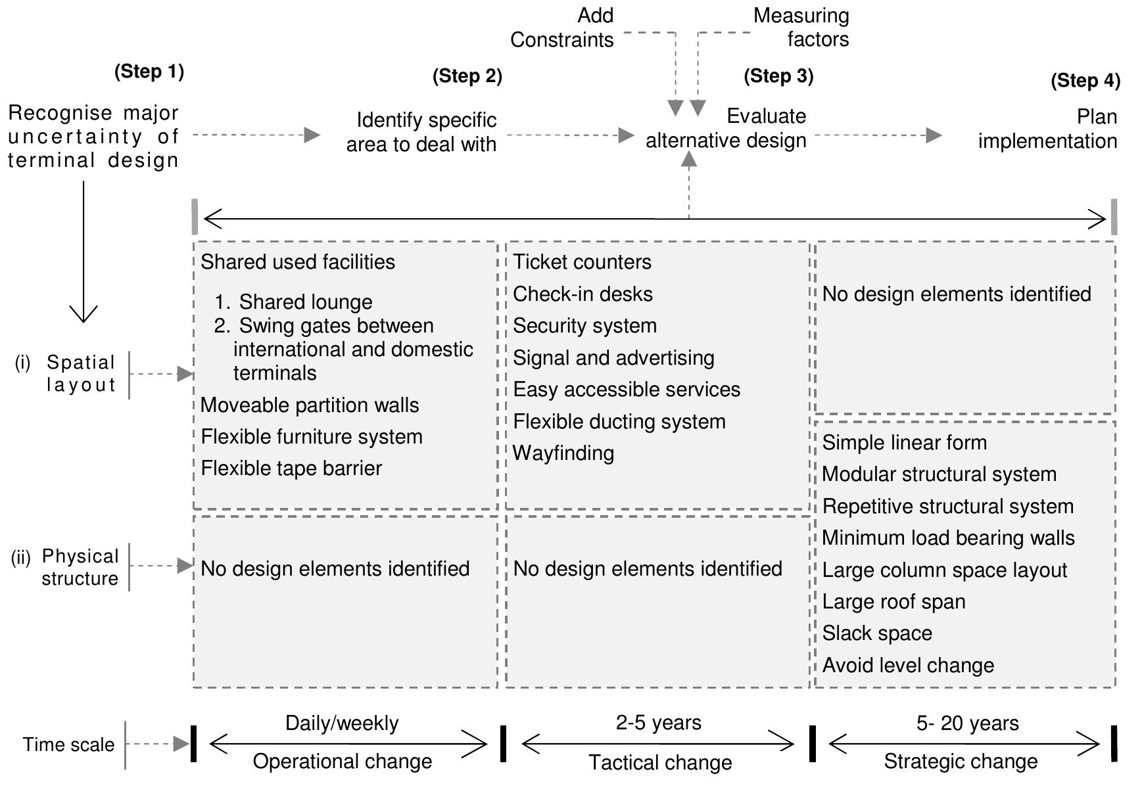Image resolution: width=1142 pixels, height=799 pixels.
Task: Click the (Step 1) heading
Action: pos(149,71)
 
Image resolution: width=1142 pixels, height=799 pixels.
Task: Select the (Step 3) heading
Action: pos(778,76)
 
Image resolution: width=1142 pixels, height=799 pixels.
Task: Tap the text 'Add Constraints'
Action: pos(562,28)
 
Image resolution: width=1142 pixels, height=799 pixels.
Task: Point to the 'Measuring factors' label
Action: pos(801,28)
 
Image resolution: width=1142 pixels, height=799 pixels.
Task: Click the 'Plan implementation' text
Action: pos(1047,129)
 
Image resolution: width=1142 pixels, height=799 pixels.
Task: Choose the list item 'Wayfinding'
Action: pos(563,453)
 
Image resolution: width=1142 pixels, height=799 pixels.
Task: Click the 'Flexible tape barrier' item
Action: pos(291,468)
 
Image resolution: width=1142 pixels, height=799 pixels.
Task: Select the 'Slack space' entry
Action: pos(877,633)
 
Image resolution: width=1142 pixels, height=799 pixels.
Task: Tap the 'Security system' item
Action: pos(584,326)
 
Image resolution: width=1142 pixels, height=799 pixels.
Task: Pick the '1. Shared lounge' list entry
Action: pos(294,302)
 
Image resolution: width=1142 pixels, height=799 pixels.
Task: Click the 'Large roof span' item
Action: pos(893,602)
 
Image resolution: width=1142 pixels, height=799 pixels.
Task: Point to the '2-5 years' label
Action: pos(658,723)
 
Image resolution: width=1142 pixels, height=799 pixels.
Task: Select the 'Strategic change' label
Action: pos(961,762)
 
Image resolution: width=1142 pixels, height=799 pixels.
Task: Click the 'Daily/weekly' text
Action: pos(342,723)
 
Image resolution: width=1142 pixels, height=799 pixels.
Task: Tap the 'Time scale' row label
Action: pos(68,744)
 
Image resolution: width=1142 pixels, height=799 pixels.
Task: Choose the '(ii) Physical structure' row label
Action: pos(66,567)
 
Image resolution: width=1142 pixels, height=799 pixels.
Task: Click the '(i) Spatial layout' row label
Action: pos(66,373)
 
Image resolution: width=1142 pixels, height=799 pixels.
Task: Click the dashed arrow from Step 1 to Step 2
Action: pos(256,135)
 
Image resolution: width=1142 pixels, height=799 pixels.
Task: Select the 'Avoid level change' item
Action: pos(908,666)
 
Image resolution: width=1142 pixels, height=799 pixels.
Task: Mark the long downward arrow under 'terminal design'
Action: pos(83,252)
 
